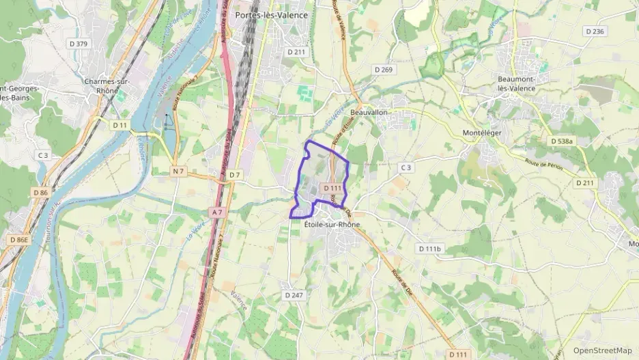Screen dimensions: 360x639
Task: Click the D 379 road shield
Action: coord(80,44)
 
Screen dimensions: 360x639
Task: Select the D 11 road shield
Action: coord(120,125)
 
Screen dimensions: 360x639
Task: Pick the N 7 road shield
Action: coord(179,170)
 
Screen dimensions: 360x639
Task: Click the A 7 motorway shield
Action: coord(217,212)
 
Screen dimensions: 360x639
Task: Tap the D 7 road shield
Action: coord(235,175)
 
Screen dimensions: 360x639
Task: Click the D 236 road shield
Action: coord(595,31)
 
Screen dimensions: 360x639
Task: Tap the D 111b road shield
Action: coord(430,249)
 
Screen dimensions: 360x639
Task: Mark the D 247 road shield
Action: coord(292,294)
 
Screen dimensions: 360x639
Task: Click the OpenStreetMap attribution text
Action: coord(602,350)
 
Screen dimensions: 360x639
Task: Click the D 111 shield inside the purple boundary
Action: coord(332,187)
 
